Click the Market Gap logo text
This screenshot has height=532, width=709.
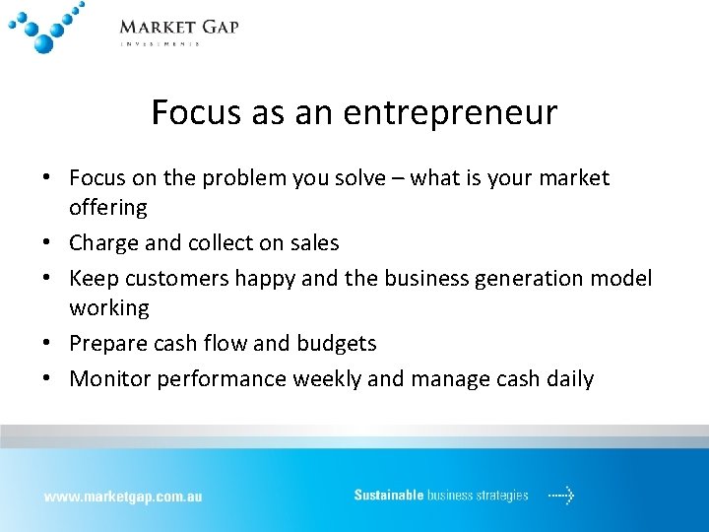click(178, 27)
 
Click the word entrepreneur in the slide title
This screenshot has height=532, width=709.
click(450, 112)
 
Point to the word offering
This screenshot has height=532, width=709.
click(108, 208)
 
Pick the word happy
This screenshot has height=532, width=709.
click(265, 279)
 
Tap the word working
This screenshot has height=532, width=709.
click(109, 308)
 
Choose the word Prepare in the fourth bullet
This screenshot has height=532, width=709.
click(109, 344)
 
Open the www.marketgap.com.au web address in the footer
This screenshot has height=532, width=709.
click(122, 497)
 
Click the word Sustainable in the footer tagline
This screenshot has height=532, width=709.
click(389, 496)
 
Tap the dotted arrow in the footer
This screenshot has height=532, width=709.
click(560, 496)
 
